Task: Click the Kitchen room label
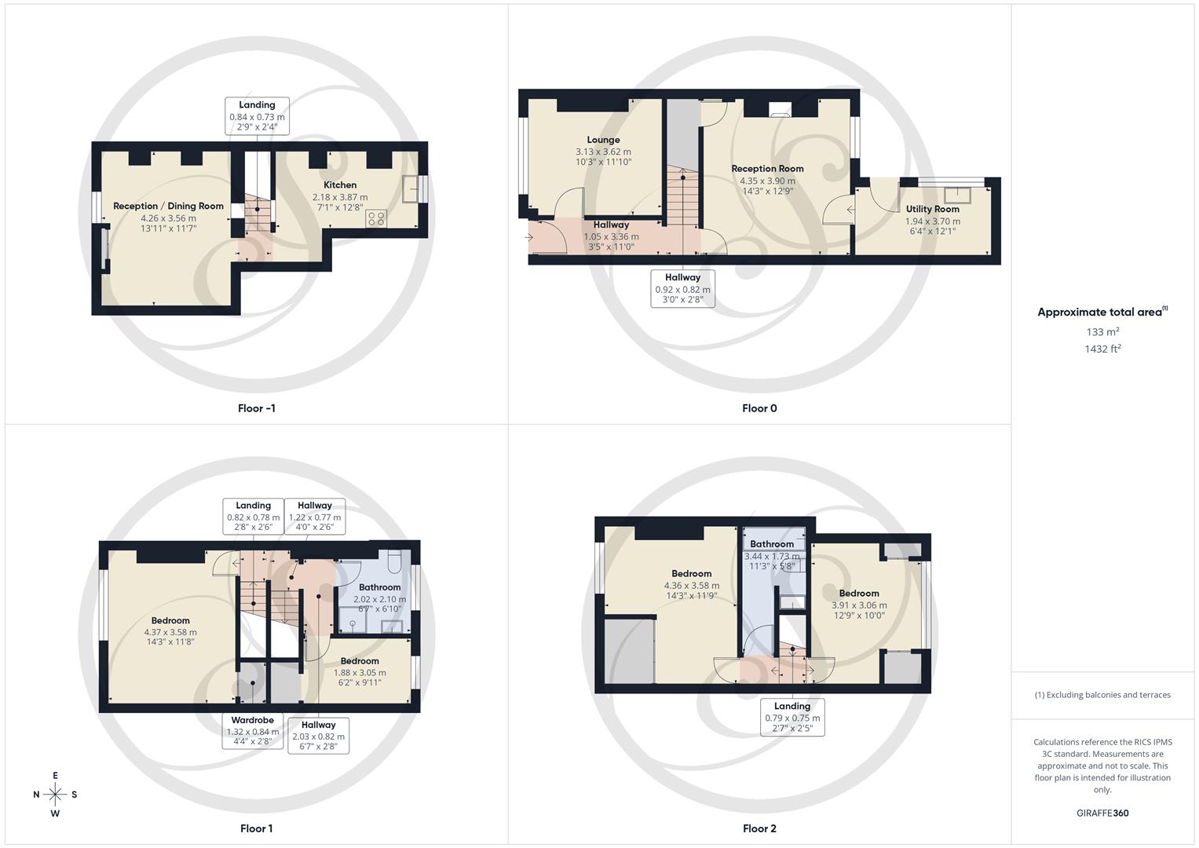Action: pyautogui.click(x=340, y=185)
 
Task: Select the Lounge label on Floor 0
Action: pyautogui.click(x=603, y=140)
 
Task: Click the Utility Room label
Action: pyautogui.click(x=932, y=209)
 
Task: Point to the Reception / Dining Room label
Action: pyautogui.click(x=168, y=206)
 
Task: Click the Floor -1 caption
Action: pyautogui.click(x=257, y=408)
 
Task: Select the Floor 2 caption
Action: pyautogui.click(x=759, y=828)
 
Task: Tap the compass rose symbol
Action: pyautogui.click(x=55, y=795)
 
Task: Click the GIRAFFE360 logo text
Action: pyautogui.click(x=1102, y=813)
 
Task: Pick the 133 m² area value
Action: pyautogui.click(x=1102, y=332)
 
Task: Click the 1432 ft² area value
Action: pyautogui.click(x=1102, y=349)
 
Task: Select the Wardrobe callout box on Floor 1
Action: pyautogui.click(x=253, y=731)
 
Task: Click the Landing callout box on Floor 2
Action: pyautogui.click(x=792, y=717)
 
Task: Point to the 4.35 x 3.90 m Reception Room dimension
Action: pyautogui.click(x=767, y=181)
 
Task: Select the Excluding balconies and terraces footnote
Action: pyautogui.click(x=1102, y=695)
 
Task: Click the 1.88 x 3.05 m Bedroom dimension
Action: pyautogui.click(x=360, y=672)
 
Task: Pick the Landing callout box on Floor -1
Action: pyautogui.click(x=257, y=115)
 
